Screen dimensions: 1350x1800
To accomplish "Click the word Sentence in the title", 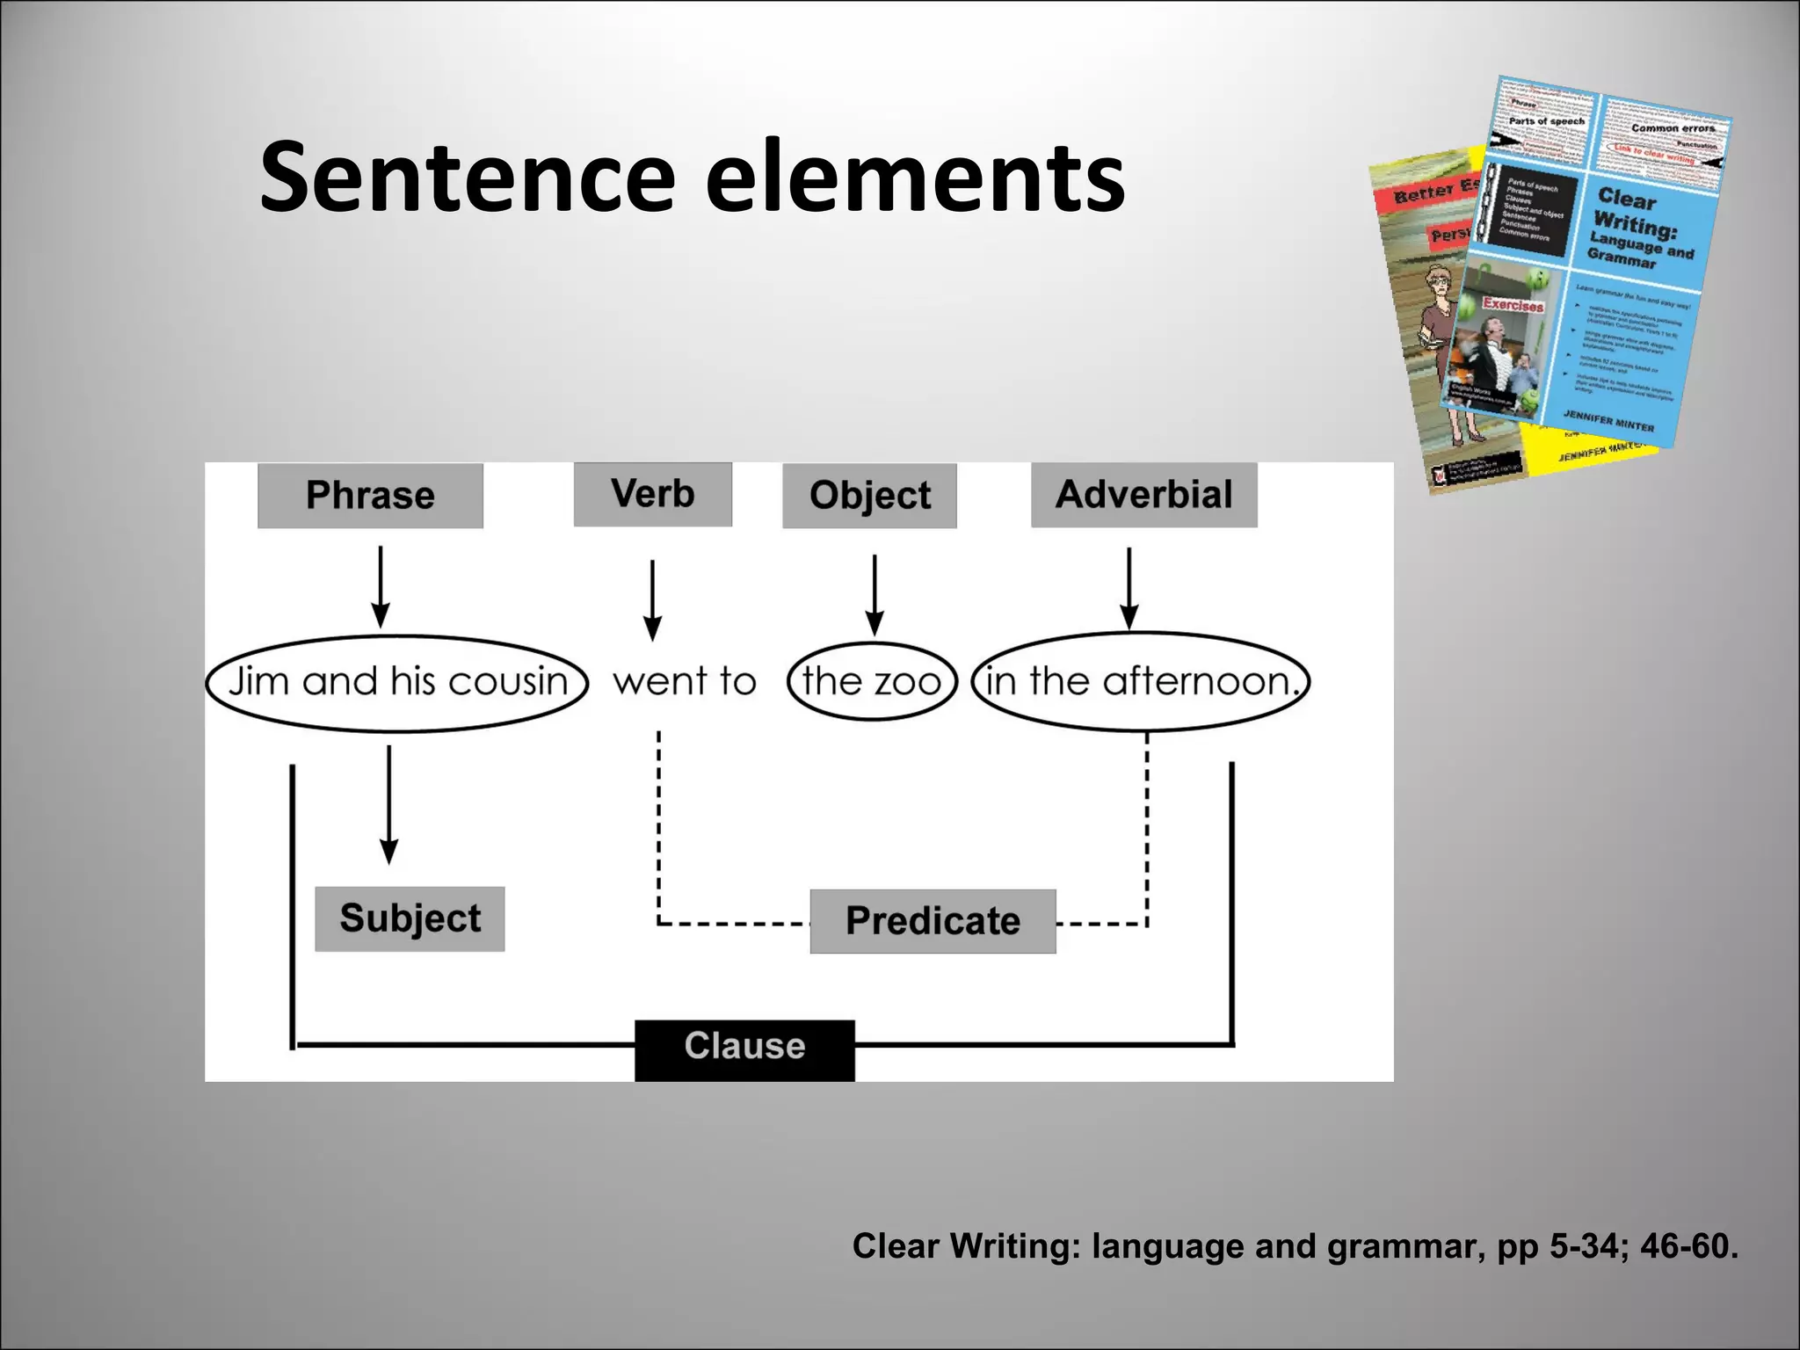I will (467, 178).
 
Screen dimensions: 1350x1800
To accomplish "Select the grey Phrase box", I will (370, 496).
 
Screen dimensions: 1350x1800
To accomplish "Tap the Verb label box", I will (652, 494).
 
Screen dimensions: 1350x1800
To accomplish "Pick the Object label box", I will (869, 496).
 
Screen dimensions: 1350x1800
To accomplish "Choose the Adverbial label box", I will (1143, 495).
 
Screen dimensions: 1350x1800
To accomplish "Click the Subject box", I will (410, 918).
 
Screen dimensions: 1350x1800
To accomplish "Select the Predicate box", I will (933, 921).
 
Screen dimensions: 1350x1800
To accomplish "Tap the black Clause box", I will (744, 1049).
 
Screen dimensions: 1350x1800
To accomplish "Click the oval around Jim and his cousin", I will (397, 683).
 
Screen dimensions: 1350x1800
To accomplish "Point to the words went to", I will (685, 682).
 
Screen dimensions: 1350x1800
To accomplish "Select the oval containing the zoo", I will (871, 682).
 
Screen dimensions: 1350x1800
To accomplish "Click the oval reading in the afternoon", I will (1140, 682).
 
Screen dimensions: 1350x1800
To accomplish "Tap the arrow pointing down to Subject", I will (389, 804).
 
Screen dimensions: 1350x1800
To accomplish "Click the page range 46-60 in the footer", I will (1687, 1246).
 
